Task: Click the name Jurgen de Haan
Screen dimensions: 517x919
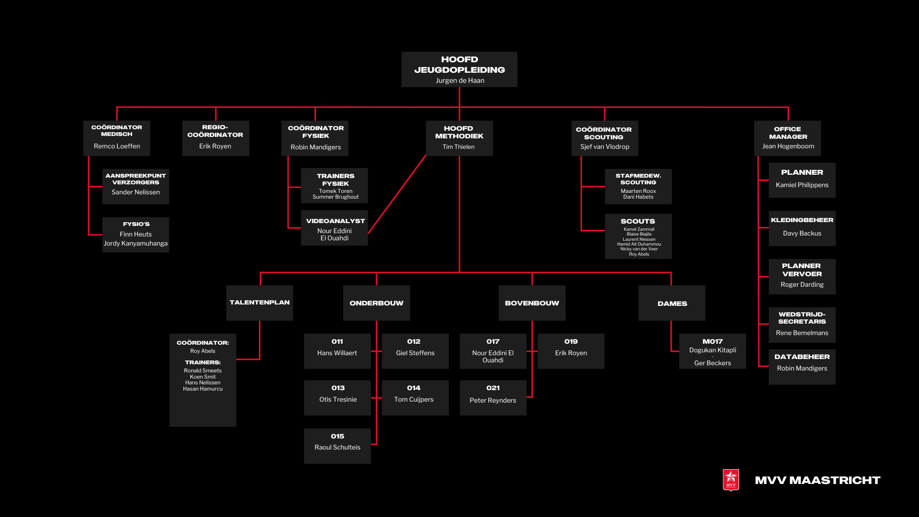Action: [x=459, y=80]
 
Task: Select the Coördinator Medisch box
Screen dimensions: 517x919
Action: [x=117, y=138]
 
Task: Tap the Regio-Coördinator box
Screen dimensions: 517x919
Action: [x=215, y=138]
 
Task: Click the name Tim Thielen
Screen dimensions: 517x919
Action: [x=459, y=147]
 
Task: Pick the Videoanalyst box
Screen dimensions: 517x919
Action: [x=335, y=228]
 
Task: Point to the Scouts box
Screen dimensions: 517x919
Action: [x=638, y=236]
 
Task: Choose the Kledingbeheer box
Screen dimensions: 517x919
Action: [x=802, y=228]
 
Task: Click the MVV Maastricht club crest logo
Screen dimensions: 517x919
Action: [x=731, y=480]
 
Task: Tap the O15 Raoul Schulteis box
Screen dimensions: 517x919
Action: [x=337, y=446]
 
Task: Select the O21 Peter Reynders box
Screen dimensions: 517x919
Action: [x=493, y=397]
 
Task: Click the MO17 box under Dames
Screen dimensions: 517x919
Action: [x=712, y=351]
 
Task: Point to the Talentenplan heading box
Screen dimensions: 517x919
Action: [x=259, y=303]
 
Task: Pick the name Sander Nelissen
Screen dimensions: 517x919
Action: [x=136, y=192]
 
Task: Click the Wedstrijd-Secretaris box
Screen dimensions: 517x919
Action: [x=802, y=325]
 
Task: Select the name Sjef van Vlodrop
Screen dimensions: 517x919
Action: [x=605, y=146]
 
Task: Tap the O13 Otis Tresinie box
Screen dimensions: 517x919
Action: [x=337, y=397]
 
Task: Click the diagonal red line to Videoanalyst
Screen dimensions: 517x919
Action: [x=397, y=193]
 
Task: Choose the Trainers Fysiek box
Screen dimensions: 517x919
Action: [x=335, y=186]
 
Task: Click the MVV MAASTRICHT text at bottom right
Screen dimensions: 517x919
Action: [x=818, y=480]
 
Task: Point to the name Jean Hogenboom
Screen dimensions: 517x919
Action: [x=788, y=146]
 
